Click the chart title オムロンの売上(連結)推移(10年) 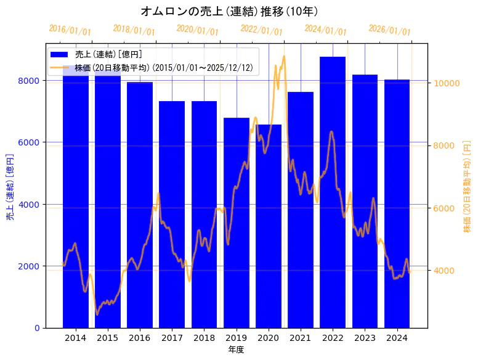(x=229, y=11)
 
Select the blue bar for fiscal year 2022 (x=333, y=192)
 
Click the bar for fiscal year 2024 (x=397, y=203)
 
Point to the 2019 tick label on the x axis (x=237, y=338)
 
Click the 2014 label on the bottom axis (x=76, y=338)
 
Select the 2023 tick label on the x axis (x=365, y=338)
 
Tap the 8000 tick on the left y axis (x=31, y=81)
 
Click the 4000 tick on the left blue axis (x=31, y=205)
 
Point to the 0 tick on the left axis (x=38, y=328)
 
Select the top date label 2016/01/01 (x=70, y=30)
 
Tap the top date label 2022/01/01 (x=261, y=30)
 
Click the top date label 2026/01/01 (x=389, y=30)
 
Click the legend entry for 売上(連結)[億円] (x=108, y=55)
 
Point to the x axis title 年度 (x=236, y=350)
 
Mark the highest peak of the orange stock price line (x=284, y=56)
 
